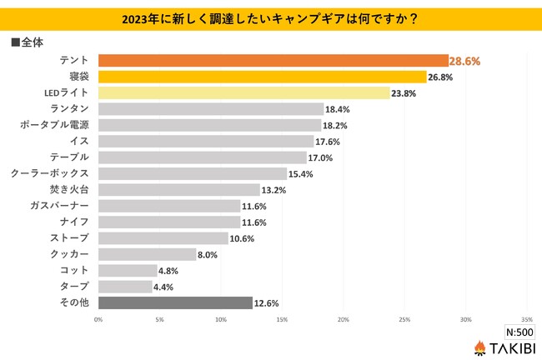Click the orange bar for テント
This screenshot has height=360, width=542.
(274, 60)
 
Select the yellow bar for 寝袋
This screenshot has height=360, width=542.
(263, 77)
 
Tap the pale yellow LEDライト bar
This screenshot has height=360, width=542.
(244, 92)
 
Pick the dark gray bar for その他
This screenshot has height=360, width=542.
(175, 302)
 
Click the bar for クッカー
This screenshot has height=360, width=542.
(147, 254)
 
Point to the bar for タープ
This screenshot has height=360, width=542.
(125, 287)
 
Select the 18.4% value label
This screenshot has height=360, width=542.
(338, 109)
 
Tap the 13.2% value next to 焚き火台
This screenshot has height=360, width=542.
(274, 190)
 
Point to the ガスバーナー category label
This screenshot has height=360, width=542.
(64, 206)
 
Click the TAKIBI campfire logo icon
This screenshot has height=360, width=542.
(479, 347)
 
